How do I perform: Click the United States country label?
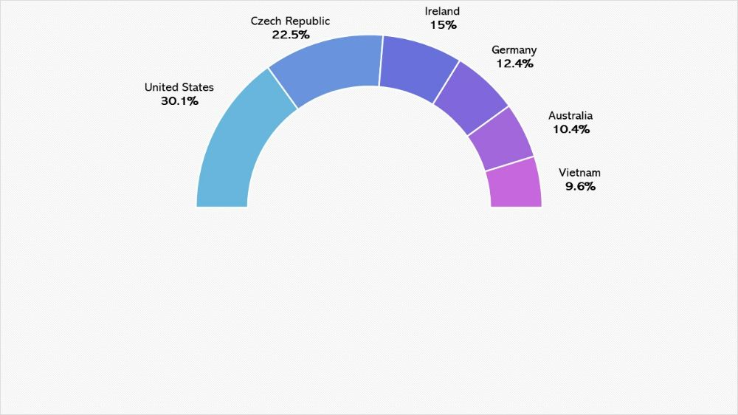[179, 87]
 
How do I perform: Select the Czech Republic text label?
[290, 21]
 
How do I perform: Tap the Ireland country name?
[442, 11]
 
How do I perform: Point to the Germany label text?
[514, 50]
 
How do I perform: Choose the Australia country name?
[570, 115]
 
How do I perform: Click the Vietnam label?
[579, 172]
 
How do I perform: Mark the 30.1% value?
[179, 101]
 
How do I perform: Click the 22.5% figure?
[290, 35]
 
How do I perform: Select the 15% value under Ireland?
[443, 25]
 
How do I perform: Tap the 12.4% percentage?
[514, 64]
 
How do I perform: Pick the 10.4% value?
[571, 129]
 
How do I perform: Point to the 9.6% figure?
[580, 187]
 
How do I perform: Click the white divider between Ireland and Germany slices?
[446, 83]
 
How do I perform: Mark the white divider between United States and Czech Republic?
[283, 89]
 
